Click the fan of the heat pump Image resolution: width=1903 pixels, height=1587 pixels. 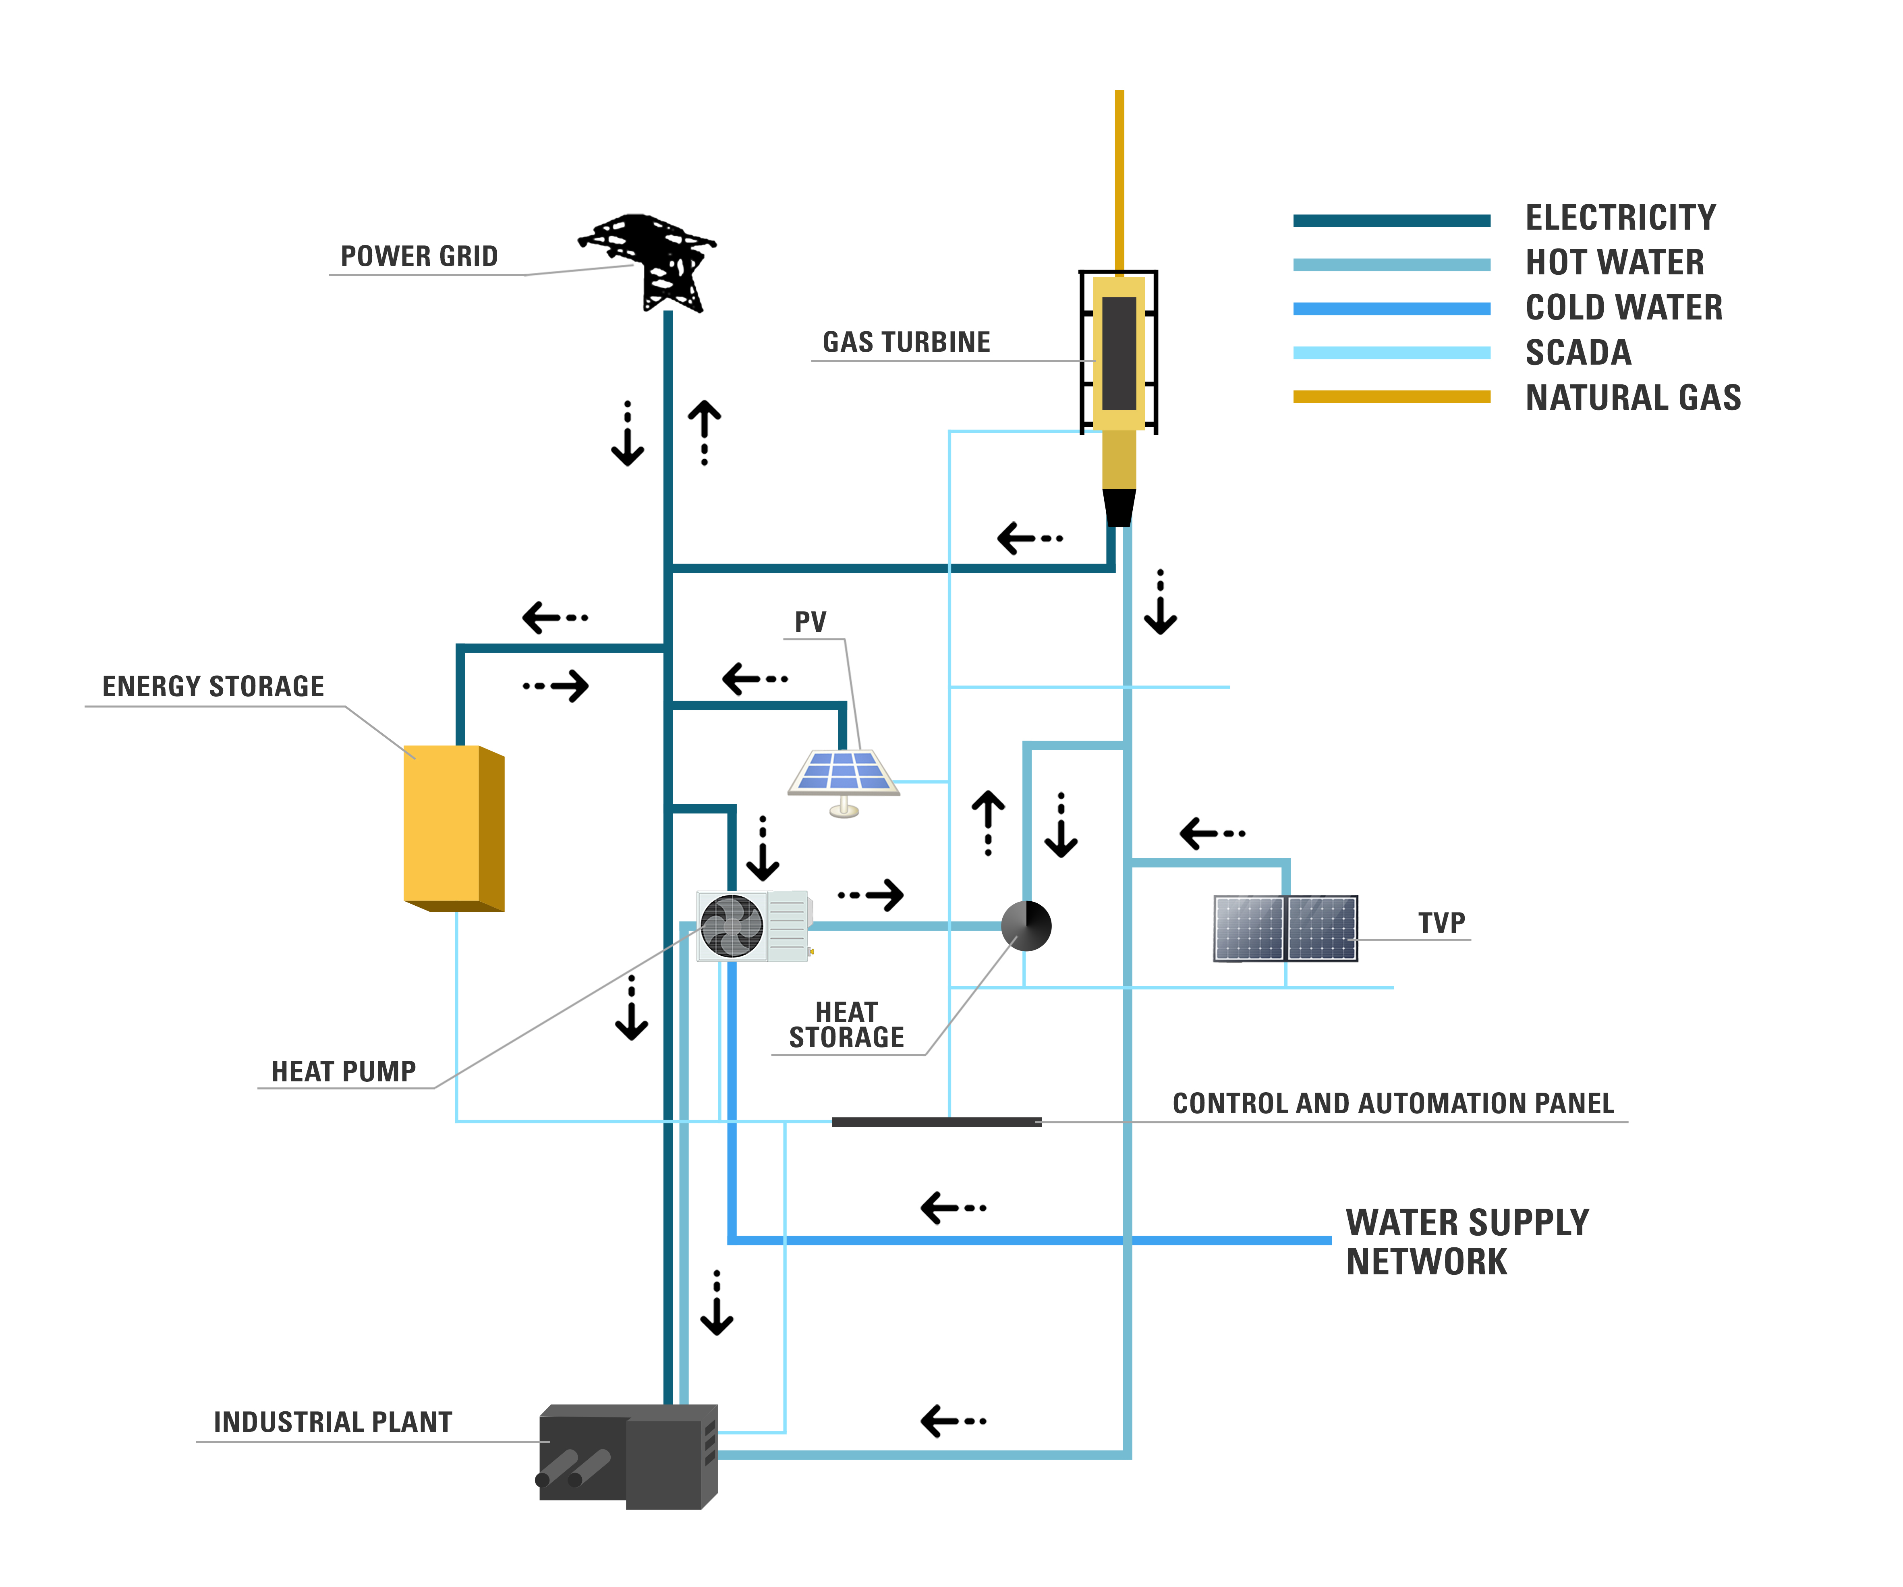coord(731,925)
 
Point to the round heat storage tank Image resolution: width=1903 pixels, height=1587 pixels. coord(1026,925)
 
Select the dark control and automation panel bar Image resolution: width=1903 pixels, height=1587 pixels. coord(936,1122)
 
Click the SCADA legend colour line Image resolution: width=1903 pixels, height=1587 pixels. coord(1391,353)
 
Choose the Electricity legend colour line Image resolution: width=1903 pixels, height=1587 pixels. coord(1391,220)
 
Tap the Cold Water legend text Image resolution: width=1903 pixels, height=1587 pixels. coord(1624,307)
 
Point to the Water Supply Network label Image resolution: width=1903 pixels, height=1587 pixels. coord(1466,1242)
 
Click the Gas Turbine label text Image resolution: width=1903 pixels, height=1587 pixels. coord(906,342)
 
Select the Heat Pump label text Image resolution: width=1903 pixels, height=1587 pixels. coord(344,1071)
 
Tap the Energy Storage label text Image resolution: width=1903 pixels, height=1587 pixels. coord(213,686)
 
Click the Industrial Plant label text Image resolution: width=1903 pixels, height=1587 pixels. coord(333,1422)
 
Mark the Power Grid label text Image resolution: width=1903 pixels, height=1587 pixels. coord(419,257)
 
